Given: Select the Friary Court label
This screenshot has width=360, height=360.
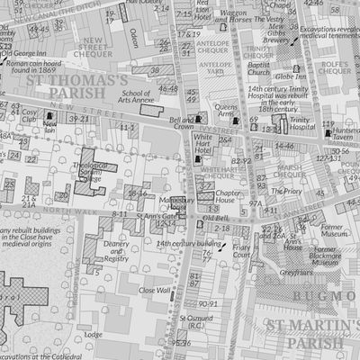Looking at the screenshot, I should tap(242, 251).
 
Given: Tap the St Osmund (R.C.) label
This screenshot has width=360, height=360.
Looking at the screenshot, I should tap(193, 322).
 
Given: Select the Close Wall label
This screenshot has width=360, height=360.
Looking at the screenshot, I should tap(155, 291).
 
